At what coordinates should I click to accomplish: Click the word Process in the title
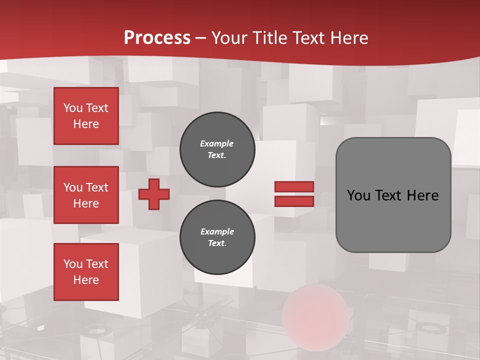(x=157, y=38)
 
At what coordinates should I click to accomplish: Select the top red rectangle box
(x=86, y=116)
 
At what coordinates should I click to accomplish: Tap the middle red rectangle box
(x=86, y=195)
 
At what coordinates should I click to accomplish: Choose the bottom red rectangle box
(x=86, y=272)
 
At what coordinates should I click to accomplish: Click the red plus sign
(x=154, y=194)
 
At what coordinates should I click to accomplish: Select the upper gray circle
(x=217, y=149)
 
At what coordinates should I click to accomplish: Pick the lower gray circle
(x=217, y=237)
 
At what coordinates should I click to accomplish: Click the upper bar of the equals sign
(x=294, y=187)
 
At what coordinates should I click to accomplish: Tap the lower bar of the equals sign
(x=294, y=201)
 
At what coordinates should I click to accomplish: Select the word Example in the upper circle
(x=216, y=143)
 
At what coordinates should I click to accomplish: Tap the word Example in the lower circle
(x=217, y=231)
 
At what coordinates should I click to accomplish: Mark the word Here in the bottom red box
(x=86, y=280)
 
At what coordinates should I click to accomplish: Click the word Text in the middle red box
(x=96, y=187)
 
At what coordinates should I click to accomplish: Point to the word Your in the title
(x=229, y=38)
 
